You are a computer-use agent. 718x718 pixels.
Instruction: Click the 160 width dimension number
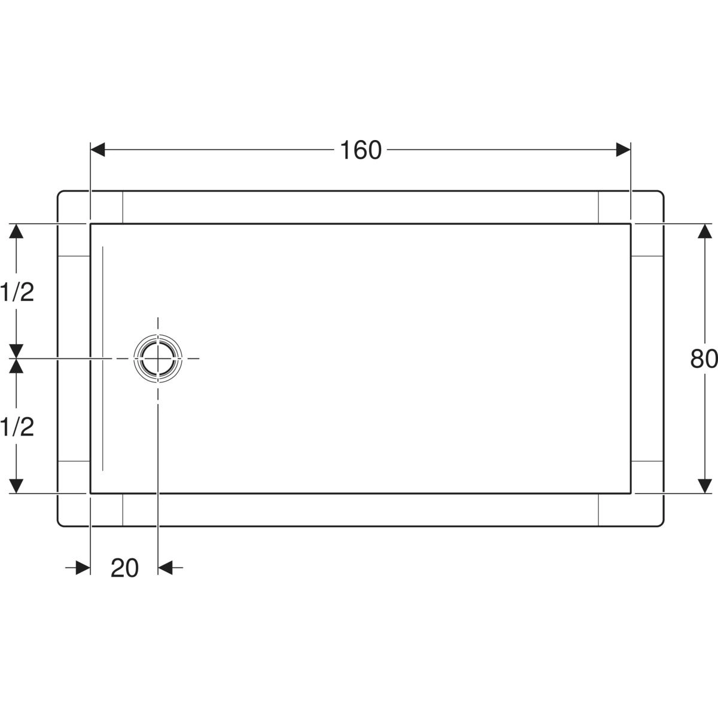[x=361, y=150]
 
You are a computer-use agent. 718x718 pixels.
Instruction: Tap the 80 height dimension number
[x=704, y=359]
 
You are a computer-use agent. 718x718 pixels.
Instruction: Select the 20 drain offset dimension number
[x=124, y=568]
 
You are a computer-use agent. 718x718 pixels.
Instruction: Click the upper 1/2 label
[x=17, y=292]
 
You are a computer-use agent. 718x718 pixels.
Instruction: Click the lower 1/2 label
[x=17, y=427]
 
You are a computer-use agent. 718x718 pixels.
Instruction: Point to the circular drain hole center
[x=158, y=358]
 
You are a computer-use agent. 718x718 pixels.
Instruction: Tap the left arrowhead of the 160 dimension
[x=98, y=150]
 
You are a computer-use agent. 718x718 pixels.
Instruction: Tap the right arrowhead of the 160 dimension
[x=623, y=150]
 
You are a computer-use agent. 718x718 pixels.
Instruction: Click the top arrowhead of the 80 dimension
[x=705, y=231]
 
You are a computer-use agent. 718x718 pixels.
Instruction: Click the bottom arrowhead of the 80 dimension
[x=705, y=486]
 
